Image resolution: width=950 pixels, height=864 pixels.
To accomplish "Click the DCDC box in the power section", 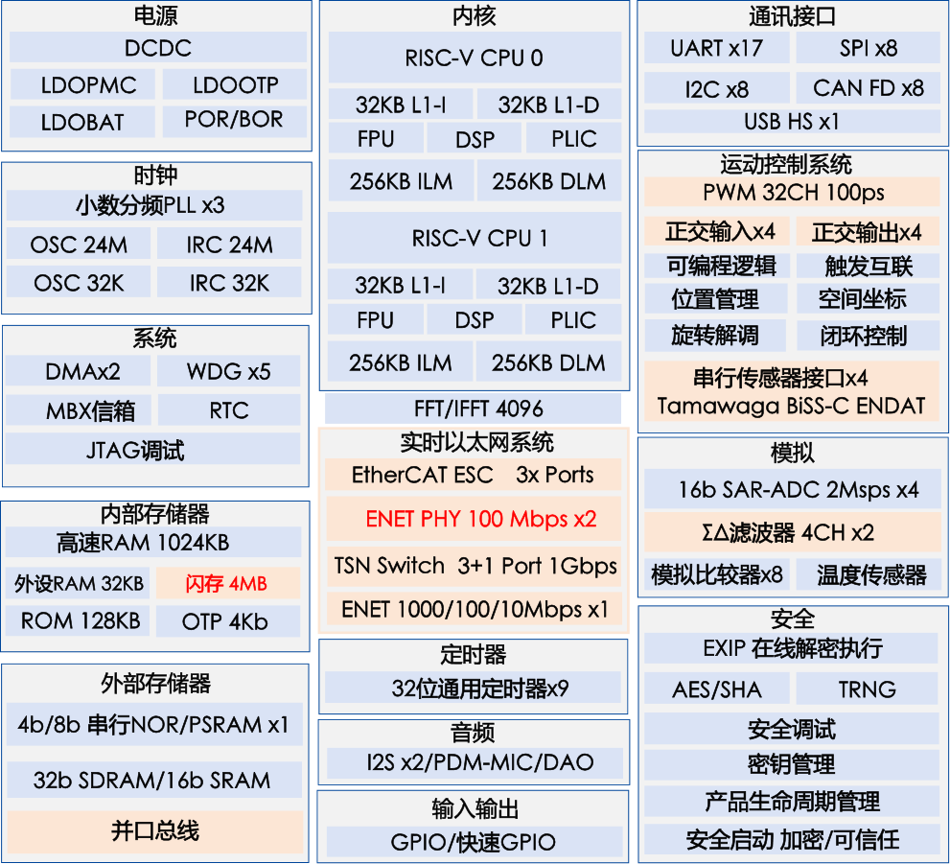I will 158,48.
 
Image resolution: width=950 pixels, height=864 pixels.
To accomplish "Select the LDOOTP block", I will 235,85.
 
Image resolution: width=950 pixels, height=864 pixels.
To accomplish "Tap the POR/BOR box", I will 235,121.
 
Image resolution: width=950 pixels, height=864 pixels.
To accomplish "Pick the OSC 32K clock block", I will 79,283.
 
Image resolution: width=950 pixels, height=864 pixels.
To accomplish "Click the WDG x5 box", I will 229,371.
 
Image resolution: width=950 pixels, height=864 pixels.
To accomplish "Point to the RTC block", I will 229,410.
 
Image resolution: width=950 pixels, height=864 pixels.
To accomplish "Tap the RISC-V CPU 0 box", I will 474,58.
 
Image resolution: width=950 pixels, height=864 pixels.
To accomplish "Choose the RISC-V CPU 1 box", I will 474,238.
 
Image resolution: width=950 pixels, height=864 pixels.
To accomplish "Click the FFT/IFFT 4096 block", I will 474,409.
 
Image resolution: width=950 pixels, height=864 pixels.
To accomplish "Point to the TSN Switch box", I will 475,565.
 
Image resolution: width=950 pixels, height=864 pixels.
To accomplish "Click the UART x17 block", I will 716,47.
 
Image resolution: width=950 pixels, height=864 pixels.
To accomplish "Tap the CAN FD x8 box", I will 868,88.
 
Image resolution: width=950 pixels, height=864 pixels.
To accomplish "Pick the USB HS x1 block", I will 791,122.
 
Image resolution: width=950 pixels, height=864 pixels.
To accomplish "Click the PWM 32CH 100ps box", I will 793,192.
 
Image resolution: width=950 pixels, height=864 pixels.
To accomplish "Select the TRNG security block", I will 867,689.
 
